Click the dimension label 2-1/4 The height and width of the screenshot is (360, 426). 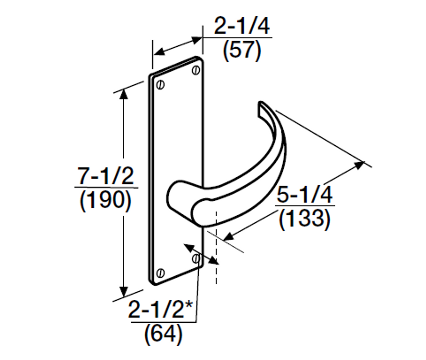click(x=242, y=26)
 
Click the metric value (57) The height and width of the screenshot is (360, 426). click(x=242, y=51)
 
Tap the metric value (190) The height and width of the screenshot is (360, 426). click(x=106, y=200)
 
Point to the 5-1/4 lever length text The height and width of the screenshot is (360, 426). click(x=305, y=195)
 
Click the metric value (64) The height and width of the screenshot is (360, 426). click(x=163, y=334)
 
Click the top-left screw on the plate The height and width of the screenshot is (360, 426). click(x=161, y=85)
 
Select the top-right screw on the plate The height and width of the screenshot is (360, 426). click(x=196, y=70)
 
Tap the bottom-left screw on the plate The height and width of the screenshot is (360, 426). click(x=161, y=273)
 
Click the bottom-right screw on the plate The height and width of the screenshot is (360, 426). click(x=196, y=258)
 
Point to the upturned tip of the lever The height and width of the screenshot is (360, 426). click(x=261, y=108)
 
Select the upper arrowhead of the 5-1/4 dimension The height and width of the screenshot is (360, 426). click(x=359, y=165)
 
